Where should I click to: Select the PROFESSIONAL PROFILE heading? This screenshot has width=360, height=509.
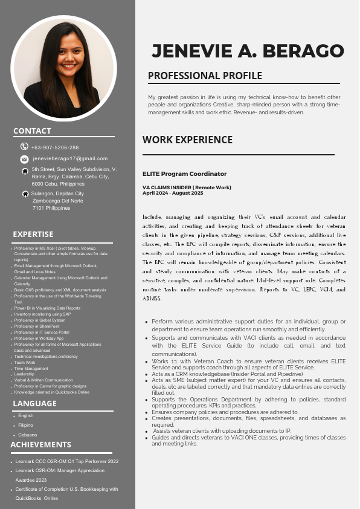205,76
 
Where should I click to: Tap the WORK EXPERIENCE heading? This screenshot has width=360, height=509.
187,140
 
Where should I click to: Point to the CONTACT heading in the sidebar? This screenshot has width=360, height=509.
32,131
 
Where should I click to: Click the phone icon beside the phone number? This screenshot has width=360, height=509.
24,146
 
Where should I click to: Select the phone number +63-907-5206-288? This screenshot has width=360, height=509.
55,148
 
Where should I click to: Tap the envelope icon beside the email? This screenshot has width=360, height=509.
24,159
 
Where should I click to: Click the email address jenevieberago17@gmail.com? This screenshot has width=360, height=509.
70,158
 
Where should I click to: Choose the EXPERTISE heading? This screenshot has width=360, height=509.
33,234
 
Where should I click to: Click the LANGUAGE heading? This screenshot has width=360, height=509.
34,403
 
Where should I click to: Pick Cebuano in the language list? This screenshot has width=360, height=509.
27,435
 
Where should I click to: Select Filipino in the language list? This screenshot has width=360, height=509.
26,425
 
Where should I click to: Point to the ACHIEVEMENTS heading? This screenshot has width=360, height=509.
40,444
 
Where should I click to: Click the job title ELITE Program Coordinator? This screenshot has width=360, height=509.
176,173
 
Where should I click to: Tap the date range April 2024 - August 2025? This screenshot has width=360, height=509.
173,193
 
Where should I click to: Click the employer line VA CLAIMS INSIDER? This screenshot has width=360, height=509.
187,188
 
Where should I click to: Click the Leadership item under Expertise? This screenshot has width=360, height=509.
24,374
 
